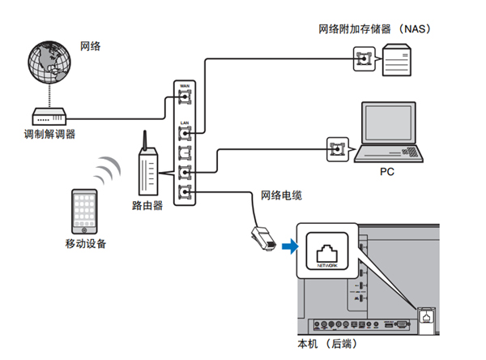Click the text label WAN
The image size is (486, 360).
coord(184,85)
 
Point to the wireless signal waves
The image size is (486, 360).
coord(104,170)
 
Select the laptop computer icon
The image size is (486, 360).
coord(391,134)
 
